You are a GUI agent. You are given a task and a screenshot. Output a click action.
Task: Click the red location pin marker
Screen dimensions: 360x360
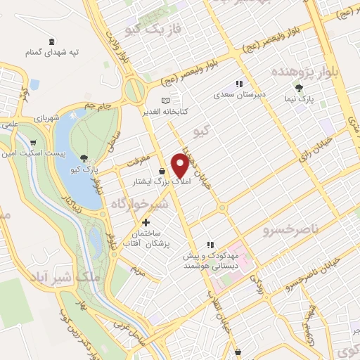pyautogui.click(x=180, y=164)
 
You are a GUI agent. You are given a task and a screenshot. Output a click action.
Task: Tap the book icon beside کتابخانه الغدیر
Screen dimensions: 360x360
pyautogui.click(x=166, y=101)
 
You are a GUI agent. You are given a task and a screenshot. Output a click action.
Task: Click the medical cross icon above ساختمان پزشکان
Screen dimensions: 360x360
pyautogui.click(x=146, y=223)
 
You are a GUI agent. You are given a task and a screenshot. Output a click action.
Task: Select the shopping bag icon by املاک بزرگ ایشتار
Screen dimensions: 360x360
pyautogui.click(x=162, y=171)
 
